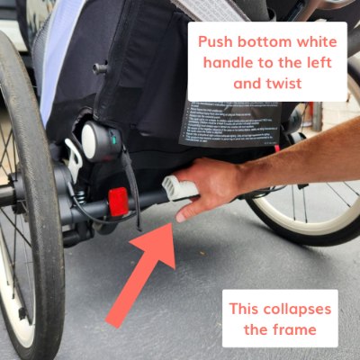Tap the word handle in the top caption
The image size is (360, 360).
click(x=228, y=64)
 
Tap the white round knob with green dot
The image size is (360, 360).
click(x=96, y=138)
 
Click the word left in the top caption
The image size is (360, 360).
click(x=315, y=64)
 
